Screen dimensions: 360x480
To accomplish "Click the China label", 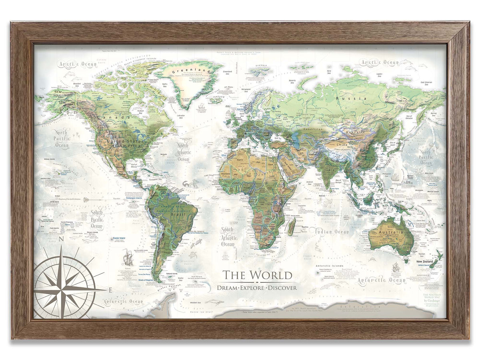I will tap(342, 144).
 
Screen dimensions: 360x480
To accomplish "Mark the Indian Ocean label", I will tap(332, 232).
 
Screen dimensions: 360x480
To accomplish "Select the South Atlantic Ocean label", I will tap(228, 237).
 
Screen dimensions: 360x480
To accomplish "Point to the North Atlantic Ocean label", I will tap(183, 153).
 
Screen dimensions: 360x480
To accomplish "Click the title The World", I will tap(257, 275).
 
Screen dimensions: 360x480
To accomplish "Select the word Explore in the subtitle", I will tap(257, 288).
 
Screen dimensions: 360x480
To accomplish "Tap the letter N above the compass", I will tap(61, 240).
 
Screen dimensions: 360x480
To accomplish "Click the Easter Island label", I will tap(117, 238).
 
